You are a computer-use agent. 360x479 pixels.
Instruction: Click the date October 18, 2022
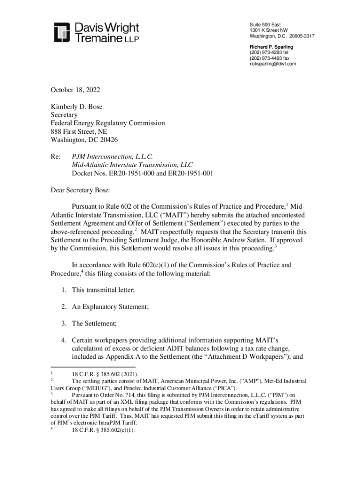[75, 90]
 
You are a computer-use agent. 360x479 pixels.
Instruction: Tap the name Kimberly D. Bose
[76, 107]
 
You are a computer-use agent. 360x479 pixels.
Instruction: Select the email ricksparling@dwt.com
[273, 64]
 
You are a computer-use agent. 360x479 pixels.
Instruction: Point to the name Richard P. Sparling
[271, 47]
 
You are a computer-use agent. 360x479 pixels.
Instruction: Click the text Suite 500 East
[265, 24]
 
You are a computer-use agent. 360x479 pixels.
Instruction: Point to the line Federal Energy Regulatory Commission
[108, 123]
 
